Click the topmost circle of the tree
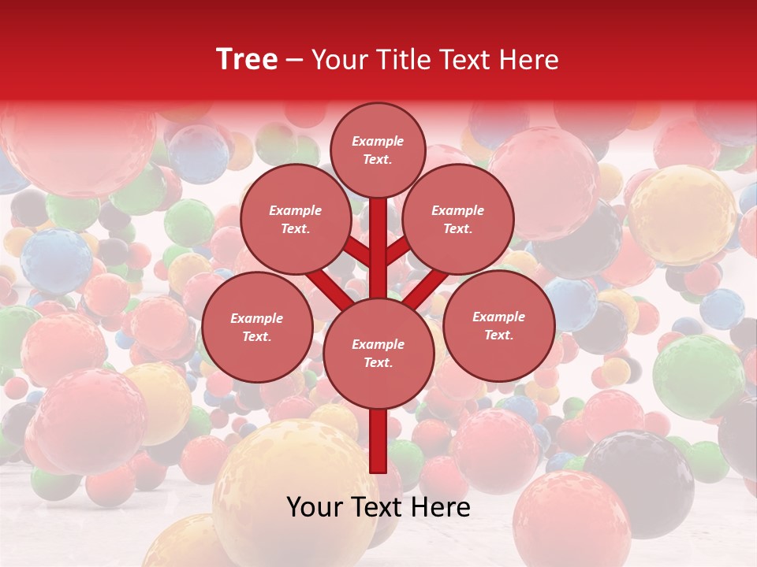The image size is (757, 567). [378, 150]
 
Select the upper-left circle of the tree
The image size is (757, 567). [295, 219]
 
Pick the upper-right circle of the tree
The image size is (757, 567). [457, 219]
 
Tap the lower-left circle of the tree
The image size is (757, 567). [256, 327]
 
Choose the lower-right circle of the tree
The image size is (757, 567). [498, 325]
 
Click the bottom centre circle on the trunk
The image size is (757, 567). [378, 353]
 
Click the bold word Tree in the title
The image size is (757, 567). [247, 59]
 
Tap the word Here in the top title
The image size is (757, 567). [529, 60]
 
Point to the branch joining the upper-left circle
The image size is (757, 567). [356, 252]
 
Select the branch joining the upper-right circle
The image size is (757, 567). [397, 252]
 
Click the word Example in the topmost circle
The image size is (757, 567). [378, 141]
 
